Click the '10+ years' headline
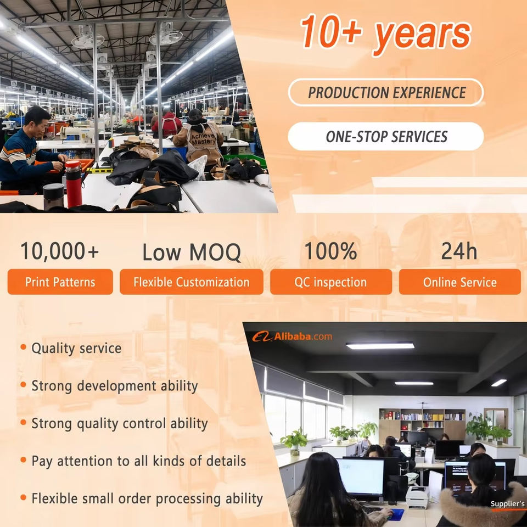(x=385, y=33)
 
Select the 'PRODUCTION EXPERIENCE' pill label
(x=386, y=92)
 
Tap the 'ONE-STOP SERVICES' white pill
(x=386, y=137)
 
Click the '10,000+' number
(x=59, y=251)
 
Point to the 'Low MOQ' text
(x=191, y=252)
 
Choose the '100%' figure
(x=330, y=251)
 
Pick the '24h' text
(x=459, y=251)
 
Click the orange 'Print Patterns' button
(x=60, y=282)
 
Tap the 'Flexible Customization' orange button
(x=191, y=282)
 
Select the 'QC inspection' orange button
(x=330, y=282)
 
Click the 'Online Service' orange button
(x=460, y=282)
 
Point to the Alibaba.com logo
(x=292, y=337)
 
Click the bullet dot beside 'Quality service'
(x=23, y=347)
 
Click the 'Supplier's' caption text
(x=507, y=504)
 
